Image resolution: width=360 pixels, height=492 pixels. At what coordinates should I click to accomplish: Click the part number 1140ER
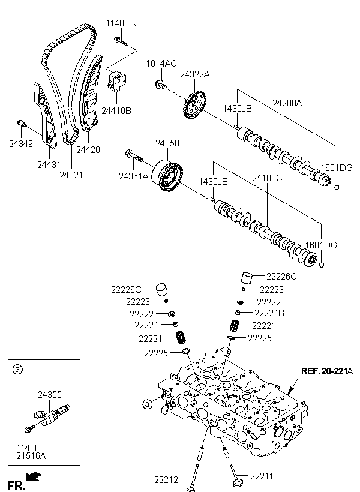[x=121, y=23]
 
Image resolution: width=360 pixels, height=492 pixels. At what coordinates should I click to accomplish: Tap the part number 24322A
[x=194, y=74]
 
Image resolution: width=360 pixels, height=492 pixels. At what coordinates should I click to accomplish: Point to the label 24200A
[x=287, y=103]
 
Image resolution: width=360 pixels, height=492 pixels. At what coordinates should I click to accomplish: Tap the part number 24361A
[x=133, y=176]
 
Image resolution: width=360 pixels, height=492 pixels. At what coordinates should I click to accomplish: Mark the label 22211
[x=262, y=476]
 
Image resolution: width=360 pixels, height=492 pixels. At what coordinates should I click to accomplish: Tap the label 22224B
[x=269, y=313]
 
